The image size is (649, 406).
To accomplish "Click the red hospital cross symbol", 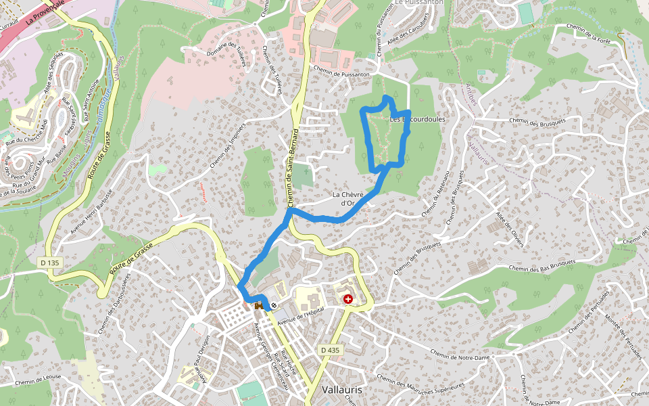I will pos(348,298).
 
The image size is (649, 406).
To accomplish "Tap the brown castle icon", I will pos(259,305).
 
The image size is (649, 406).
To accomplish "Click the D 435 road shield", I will pos(330,350).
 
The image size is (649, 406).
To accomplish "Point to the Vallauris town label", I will pos(341,390).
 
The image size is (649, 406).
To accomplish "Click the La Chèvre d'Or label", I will pos(348,198).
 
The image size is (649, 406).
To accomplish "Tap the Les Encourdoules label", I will pos(418,119).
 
